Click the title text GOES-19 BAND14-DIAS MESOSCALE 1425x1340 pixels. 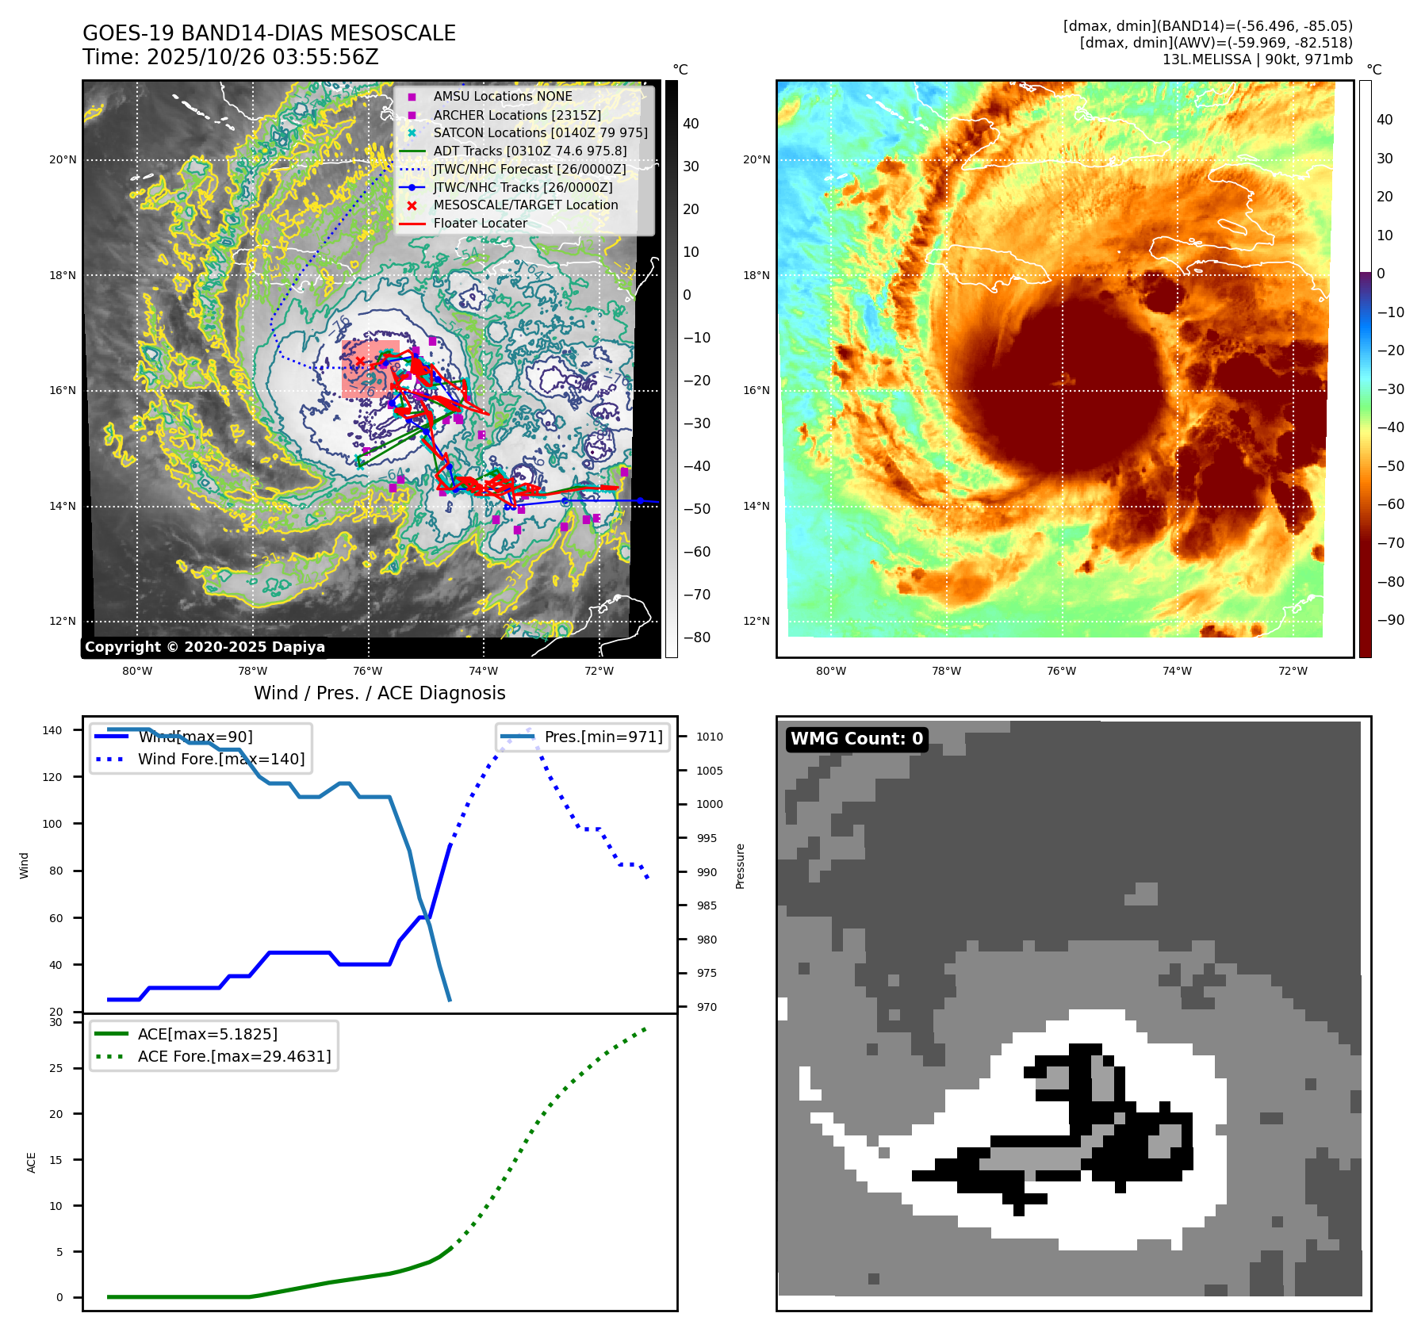pyautogui.click(x=269, y=33)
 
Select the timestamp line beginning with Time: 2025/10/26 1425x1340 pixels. pyautogui.click(x=231, y=57)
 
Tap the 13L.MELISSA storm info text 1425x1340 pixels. pyautogui.click(x=1257, y=59)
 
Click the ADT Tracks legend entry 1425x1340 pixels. pyautogui.click(x=530, y=151)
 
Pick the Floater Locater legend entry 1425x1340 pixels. pyautogui.click(x=480, y=224)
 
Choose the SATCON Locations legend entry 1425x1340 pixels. pyautogui.click(x=540, y=132)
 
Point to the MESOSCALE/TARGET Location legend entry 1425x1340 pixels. pyautogui.click(x=525, y=205)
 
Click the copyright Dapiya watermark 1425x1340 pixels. pyautogui.click(x=205, y=647)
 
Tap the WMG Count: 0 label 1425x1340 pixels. pyautogui.click(x=856, y=739)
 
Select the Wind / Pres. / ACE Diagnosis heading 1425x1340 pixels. pyautogui.click(x=379, y=693)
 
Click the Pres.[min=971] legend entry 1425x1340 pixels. pyautogui.click(x=603, y=737)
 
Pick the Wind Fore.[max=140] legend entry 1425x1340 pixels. pyautogui.click(x=220, y=759)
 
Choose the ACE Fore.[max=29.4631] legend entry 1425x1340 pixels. pyautogui.click(x=234, y=1056)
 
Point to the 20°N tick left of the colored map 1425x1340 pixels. pyautogui.click(x=756, y=159)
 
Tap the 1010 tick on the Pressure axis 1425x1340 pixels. pyautogui.click(x=710, y=737)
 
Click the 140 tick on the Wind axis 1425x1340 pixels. pyautogui.click(x=52, y=730)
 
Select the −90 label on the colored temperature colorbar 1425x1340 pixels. pyautogui.click(x=1390, y=620)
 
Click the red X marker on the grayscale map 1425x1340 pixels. pyautogui.click(x=360, y=362)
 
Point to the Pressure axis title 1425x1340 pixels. pyautogui.click(x=740, y=866)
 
